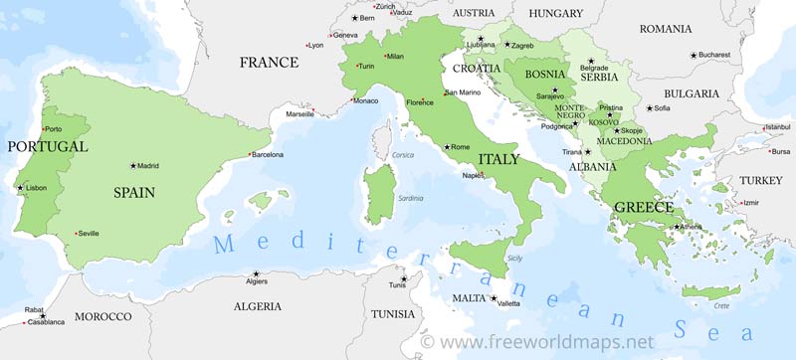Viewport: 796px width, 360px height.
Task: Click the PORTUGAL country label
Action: pos(47,146)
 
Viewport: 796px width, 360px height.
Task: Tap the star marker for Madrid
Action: pos(132,166)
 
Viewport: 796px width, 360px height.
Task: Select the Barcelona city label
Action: pos(267,155)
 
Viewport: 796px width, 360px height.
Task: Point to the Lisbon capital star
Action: pos(20,187)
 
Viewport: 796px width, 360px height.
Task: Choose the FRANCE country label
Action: pos(269,63)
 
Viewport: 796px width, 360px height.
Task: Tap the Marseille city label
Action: pos(299,114)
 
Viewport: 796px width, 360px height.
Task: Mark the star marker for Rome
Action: pos(447,147)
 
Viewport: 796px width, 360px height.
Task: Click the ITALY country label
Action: pos(498,159)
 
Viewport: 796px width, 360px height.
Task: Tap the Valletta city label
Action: pos(507,302)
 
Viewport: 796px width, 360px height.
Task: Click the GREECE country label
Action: pos(643,207)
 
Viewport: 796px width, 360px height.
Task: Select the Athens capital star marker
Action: pos(677,227)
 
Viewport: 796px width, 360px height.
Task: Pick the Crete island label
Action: pos(721,306)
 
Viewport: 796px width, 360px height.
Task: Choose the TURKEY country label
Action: pos(761,181)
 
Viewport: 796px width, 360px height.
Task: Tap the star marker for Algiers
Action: pos(256,273)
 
